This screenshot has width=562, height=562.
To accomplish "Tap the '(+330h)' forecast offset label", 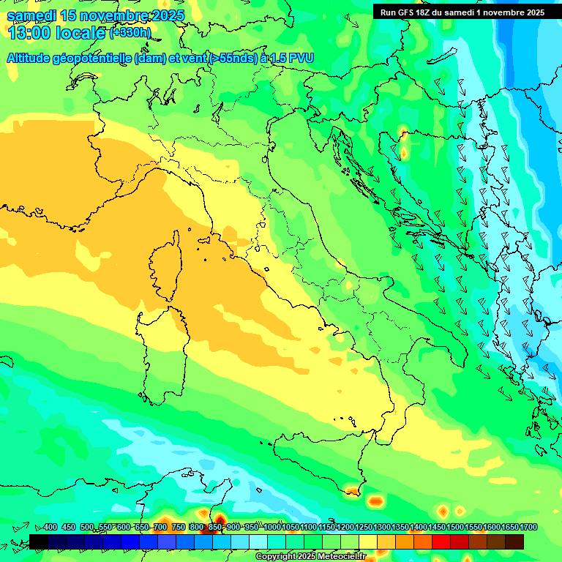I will coord(130,33).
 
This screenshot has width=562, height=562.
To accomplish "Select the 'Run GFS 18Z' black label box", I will coord(462,12).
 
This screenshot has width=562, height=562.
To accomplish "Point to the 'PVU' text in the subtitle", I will coord(300,58).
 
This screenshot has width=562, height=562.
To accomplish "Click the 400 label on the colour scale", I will coord(50,528).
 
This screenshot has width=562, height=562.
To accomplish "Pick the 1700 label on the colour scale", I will coord(509,528).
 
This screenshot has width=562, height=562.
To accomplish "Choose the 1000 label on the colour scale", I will coord(273,528).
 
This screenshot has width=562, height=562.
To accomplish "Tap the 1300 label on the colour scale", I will coord(383,528).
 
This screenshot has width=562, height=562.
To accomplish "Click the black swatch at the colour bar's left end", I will coord(39,542).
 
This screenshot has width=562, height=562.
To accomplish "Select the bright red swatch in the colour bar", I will coord(441,542).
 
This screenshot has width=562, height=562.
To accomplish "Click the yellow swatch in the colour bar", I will coord(368,542).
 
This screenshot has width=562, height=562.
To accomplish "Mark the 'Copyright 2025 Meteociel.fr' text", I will coord(310,557).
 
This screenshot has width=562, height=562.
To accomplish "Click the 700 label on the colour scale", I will coord(160,528).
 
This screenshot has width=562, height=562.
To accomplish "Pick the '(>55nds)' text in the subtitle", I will coord(232,58).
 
